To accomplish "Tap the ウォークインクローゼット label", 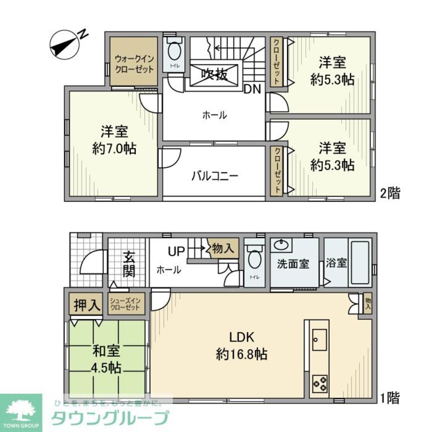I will tap(134, 64).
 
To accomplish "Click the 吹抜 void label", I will tap(214, 75).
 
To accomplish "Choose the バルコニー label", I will tap(215, 176).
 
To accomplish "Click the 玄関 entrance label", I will tap(128, 264).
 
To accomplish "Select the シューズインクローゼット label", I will tap(124, 305).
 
